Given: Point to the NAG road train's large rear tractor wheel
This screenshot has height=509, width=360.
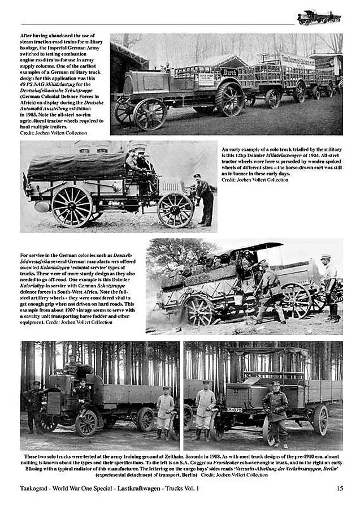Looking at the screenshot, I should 229,99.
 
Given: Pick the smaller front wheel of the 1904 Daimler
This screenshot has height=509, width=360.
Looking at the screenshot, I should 175,210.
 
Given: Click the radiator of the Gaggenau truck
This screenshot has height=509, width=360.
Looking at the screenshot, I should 54,403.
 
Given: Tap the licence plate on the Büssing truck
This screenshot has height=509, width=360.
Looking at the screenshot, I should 234,409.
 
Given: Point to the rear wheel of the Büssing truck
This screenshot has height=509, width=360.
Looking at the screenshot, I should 320,419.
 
